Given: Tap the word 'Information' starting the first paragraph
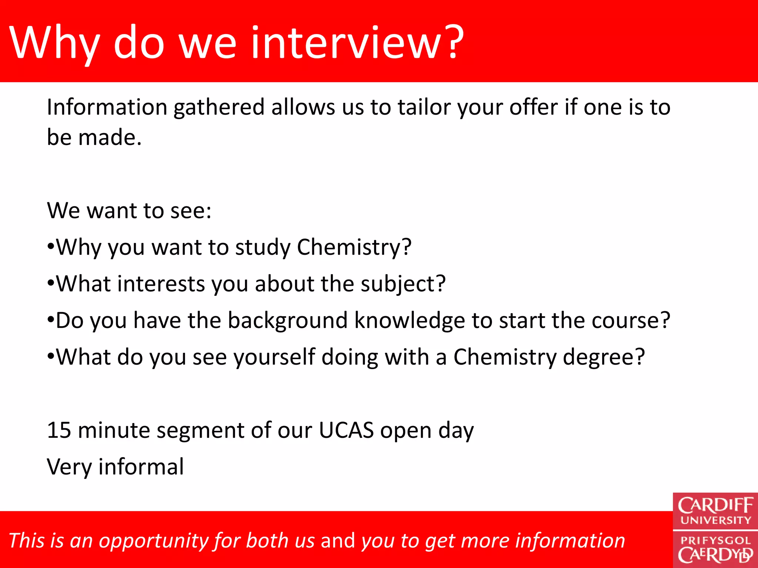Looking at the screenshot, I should pos(107,107).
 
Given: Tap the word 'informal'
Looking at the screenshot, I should pos(141,467).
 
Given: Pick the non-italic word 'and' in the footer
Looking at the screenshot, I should pos(338,541).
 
